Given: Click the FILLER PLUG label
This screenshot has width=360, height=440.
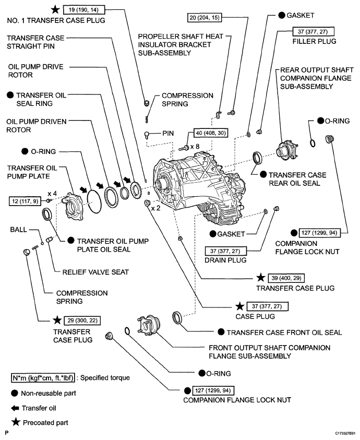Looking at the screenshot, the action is (x=314, y=41).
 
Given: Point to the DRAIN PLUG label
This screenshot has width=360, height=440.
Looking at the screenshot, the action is (x=225, y=260).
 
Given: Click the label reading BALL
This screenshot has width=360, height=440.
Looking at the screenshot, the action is (x=18, y=230).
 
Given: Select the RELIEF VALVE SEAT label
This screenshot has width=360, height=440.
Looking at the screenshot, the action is (x=95, y=272).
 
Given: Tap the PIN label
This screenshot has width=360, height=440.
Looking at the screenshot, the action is (x=168, y=133).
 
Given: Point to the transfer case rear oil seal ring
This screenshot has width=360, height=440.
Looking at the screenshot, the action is (x=258, y=158).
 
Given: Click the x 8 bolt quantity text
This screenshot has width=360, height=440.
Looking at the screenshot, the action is (x=195, y=147).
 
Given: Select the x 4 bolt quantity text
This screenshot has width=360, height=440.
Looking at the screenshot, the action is (x=52, y=194).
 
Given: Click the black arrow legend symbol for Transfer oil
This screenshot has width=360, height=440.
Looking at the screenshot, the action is (x=15, y=408).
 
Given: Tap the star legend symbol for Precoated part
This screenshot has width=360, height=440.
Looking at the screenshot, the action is (x=16, y=422).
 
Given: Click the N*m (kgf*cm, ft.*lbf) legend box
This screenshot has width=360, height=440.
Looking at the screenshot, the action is (x=43, y=378).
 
